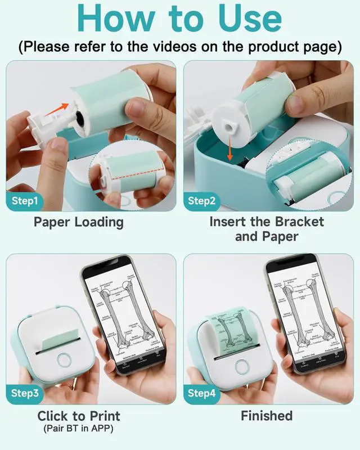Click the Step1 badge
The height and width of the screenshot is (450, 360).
tap(26, 201)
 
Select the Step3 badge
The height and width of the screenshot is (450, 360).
tap(26, 393)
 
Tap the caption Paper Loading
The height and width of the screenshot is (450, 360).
tap(79, 222)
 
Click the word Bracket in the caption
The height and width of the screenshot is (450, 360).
tap(299, 222)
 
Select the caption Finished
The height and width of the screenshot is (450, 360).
tap(267, 416)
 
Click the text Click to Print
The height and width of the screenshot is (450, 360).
tap(79, 417)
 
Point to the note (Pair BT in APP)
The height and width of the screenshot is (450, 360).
tap(79, 429)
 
